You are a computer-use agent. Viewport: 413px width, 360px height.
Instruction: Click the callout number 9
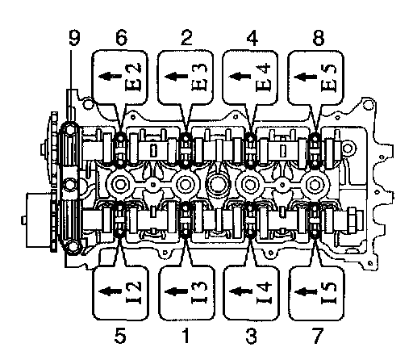click(x=74, y=38)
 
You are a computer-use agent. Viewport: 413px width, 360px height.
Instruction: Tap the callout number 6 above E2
click(x=121, y=38)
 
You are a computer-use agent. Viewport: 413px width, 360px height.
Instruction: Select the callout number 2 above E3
click(x=186, y=38)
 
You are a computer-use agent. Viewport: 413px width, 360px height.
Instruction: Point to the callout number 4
click(x=252, y=38)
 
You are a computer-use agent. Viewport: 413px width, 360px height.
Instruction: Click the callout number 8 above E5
click(x=319, y=38)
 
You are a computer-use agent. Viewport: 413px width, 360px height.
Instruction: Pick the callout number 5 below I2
click(x=120, y=336)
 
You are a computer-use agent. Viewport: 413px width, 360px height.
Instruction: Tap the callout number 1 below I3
click(x=186, y=336)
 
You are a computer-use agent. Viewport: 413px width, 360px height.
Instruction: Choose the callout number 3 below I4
click(x=251, y=336)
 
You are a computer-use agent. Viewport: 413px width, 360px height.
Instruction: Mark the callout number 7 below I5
click(x=318, y=336)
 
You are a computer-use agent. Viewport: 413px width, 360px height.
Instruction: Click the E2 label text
click(x=134, y=77)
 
